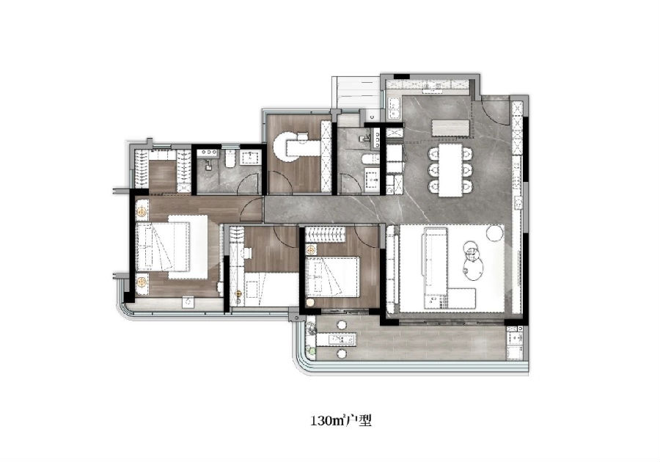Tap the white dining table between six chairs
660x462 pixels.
pyautogui.click(x=450, y=170)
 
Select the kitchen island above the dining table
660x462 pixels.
pyautogui.click(x=451, y=128)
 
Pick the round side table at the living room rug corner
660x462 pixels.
pyautogui.click(x=496, y=232)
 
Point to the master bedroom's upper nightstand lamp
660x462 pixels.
pyautogui.click(x=142, y=211)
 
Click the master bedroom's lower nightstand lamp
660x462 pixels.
pyautogui.click(x=142, y=281)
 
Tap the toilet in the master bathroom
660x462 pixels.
pyautogui.click(x=230, y=158)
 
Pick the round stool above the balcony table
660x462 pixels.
pyautogui.click(x=342, y=326)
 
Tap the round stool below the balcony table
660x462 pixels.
pyautogui.click(x=342, y=353)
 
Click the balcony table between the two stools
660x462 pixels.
pyautogui.click(x=337, y=339)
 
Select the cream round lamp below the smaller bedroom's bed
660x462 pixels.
pyautogui.click(x=311, y=302)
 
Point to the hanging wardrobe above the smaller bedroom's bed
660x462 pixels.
pyautogui.click(x=325, y=234)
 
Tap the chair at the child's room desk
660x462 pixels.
pyautogui.click(x=248, y=253)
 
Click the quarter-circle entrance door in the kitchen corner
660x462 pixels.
pyautogui.click(x=496, y=111)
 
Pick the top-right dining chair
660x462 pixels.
pyautogui.click(x=466, y=153)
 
